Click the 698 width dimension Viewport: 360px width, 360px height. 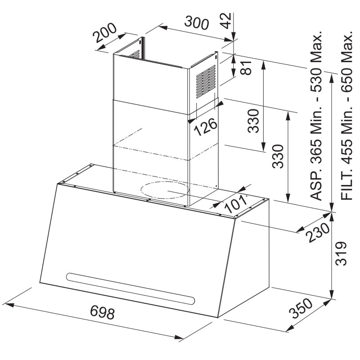(x=102, y=312)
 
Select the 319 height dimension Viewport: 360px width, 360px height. (x=341, y=253)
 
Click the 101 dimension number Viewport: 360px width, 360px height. (x=235, y=204)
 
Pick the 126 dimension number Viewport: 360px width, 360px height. (x=206, y=127)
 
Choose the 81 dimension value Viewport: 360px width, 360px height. (x=246, y=68)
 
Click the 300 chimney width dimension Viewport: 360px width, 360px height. (x=197, y=22)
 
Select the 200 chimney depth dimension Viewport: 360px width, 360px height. (x=105, y=33)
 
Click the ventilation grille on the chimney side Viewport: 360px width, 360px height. (x=206, y=81)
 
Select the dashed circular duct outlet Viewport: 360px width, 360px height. (x=165, y=190)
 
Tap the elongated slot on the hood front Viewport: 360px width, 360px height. (x=130, y=289)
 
